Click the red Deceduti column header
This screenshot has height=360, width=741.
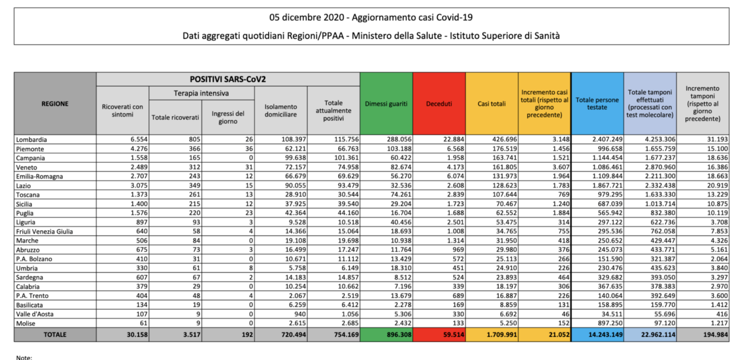click(x=439, y=104)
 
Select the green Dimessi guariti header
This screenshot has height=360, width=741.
click(x=386, y=104)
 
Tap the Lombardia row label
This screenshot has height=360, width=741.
click(x=31, y=139)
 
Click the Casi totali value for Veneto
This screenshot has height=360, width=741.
click(x=504, y=167)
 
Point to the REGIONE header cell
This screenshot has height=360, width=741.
click(x=55, y=104)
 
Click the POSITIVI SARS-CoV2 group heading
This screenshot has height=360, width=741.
click(x=228, y=79)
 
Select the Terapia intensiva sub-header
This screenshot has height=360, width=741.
click(x=201, y=93)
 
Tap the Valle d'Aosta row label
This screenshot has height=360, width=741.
click(x=35, y=314)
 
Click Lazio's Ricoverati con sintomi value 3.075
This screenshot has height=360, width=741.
click(x=139, y=185)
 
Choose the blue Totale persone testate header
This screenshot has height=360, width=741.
click(x=597, y=104)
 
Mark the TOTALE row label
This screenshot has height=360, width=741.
click(x=55, y=335)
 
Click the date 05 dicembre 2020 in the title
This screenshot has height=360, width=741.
click(x=307, y=17)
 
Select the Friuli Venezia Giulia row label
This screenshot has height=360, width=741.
click(x=45, y=232)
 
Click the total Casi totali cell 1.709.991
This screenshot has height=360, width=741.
click(x=502, y=335)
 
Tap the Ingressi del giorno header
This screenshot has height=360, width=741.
click(x=228, y=117)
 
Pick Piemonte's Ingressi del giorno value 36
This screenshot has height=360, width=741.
click(x=249, y=149)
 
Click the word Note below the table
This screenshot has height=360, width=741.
click(x=24, y=357)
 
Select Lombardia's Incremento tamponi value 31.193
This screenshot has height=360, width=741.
click(x=717, y=139)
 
